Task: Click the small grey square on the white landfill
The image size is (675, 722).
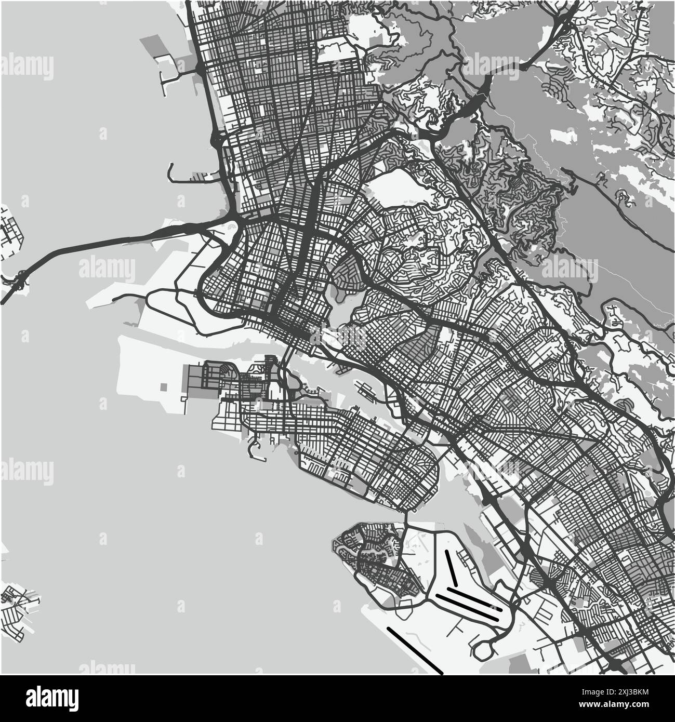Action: tap(164, 387)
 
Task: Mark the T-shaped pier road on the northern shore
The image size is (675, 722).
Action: tap(168, 78)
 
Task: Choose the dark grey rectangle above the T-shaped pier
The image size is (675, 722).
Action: tap(156, 46)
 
